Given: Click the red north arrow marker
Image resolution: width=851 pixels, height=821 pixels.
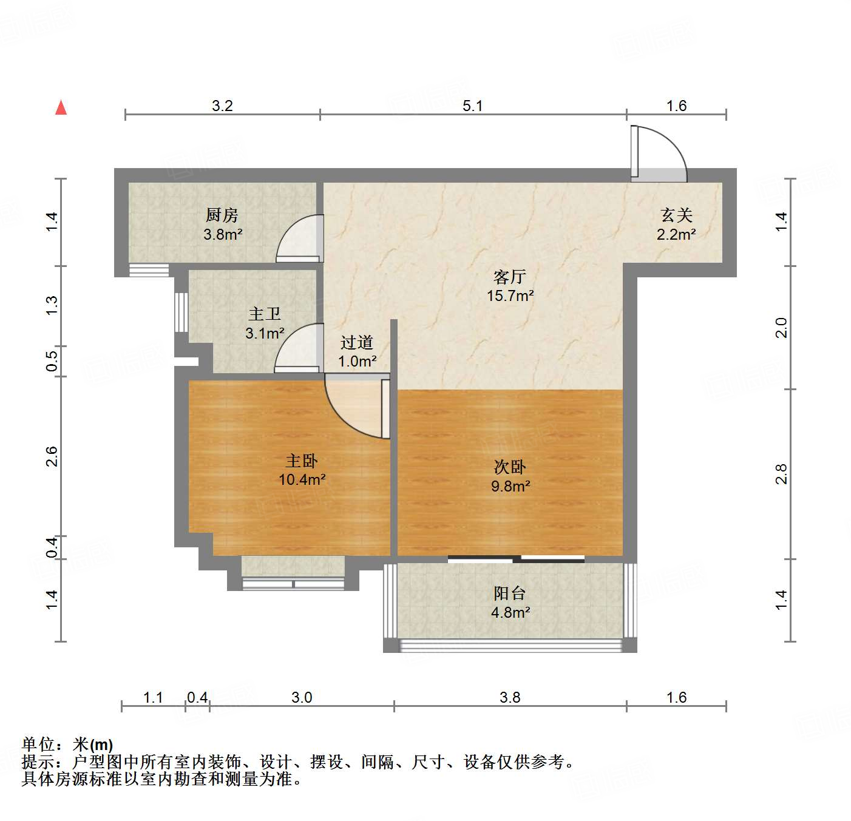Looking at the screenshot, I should point(61,107).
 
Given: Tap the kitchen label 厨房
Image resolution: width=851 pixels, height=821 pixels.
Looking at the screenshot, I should point(222,215).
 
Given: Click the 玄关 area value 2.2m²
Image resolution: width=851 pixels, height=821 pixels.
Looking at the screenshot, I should point(676,234).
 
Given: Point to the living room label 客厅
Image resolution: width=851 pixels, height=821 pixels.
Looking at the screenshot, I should point(509,277).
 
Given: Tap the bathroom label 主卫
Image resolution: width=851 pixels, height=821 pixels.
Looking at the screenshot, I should point(264,314).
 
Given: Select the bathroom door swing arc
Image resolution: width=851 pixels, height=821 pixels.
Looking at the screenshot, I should point(297,347).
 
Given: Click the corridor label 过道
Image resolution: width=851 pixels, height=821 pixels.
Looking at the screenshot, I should point(356,342).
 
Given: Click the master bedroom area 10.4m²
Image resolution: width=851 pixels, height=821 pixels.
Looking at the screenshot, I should point(302,480).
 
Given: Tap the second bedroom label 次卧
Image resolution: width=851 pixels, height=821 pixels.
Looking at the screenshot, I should point(509,467).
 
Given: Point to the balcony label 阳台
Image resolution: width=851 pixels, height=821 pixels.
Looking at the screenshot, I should point(509,593).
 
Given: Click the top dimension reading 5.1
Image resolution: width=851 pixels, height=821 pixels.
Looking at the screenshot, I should point(472,106).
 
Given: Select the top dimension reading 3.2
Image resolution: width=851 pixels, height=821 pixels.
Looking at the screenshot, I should point(222,106).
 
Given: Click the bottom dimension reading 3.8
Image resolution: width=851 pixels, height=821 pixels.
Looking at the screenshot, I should point(510,697).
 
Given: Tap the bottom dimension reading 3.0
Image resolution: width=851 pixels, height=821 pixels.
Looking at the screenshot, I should point(301,697).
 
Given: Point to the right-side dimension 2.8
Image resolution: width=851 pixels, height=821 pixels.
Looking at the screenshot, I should point(781,474).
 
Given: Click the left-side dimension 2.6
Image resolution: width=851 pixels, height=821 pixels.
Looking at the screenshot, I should point(52,456).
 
